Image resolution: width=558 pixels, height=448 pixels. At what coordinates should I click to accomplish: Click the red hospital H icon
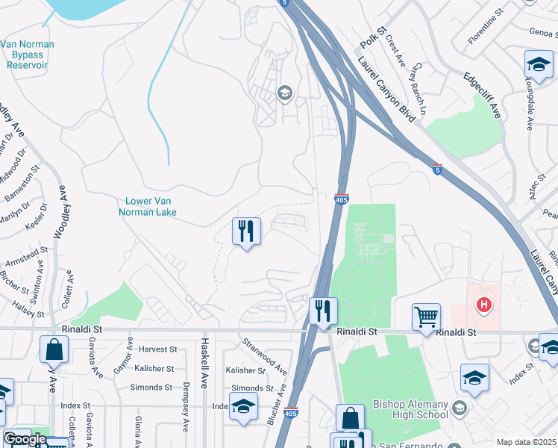[484, 305]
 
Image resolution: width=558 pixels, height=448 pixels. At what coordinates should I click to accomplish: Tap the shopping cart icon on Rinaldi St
[426, 317]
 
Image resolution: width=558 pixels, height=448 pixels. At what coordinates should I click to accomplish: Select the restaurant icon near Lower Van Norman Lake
[247, 231]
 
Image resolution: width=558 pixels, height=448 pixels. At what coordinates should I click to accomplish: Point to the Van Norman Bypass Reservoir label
[28, 55]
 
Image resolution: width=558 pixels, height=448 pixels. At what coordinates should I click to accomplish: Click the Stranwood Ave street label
[264, 356]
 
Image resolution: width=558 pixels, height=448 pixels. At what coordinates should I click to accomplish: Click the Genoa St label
[541, 32]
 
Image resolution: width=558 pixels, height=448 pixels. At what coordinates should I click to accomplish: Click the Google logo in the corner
[25, 439]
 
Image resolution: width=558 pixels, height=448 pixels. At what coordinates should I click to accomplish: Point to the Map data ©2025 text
[526, 442]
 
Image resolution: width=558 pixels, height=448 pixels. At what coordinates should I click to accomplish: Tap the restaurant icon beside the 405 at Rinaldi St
[323, 311]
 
